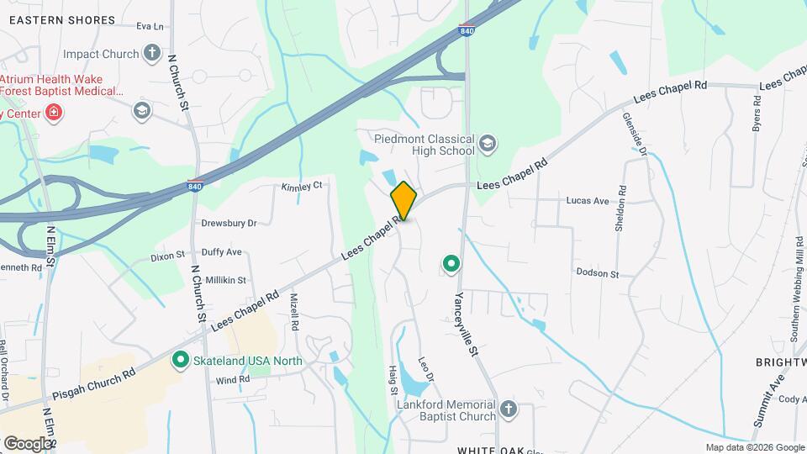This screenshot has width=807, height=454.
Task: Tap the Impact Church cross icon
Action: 151,54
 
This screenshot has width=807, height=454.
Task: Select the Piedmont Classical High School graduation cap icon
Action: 488,145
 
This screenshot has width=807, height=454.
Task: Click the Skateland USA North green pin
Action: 180,361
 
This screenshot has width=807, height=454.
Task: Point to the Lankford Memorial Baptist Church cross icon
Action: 508,409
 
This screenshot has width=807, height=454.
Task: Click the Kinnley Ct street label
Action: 302,186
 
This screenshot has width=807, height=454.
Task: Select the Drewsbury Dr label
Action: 229,224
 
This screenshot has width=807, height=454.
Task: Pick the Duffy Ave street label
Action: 222,252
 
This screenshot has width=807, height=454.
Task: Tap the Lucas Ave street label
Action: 588,202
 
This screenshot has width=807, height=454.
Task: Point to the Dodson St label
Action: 597,274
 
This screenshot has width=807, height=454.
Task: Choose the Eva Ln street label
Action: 150,26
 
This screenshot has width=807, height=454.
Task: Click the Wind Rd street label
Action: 233,380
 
